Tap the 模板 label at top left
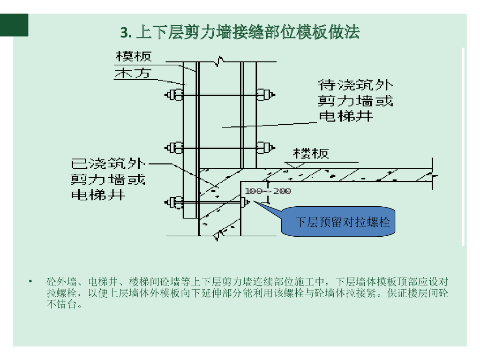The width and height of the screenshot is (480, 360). (x=134, y=57)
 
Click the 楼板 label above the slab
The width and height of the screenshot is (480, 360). (x=311, y=153)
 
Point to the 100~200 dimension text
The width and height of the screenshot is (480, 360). (x=268, y=191)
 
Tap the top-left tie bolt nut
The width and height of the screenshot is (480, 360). (x=174, y=95)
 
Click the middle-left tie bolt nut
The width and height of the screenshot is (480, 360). (x=174, y=148)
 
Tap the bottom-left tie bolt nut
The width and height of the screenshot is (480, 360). (x=174, y=202)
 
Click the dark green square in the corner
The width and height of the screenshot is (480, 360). (x=14, y=24)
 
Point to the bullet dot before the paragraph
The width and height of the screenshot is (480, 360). (x=30, y=282)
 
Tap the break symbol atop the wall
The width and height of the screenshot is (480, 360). (x=218, y=61)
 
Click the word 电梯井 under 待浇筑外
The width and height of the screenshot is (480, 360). (x=346, y=116)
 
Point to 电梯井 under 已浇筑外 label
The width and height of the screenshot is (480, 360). (x=98, y=195)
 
